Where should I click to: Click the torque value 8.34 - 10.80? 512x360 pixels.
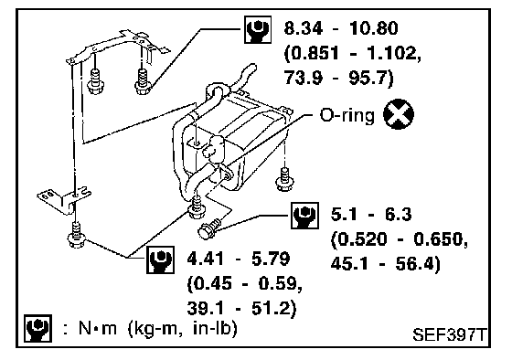(341, 28)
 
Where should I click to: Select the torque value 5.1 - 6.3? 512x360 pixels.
(371, 215)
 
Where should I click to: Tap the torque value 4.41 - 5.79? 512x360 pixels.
(239, 259)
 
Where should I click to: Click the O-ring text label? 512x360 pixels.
(347, 115)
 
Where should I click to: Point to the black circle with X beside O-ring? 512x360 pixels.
(399, 114)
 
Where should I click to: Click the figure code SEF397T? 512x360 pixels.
(450, 334)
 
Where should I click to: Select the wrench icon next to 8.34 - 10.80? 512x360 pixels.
(258, 29)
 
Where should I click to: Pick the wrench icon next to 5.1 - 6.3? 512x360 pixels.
(304, 216)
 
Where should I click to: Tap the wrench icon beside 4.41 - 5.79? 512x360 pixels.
(160, 259)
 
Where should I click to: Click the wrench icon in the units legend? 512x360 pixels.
(37, 328)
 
